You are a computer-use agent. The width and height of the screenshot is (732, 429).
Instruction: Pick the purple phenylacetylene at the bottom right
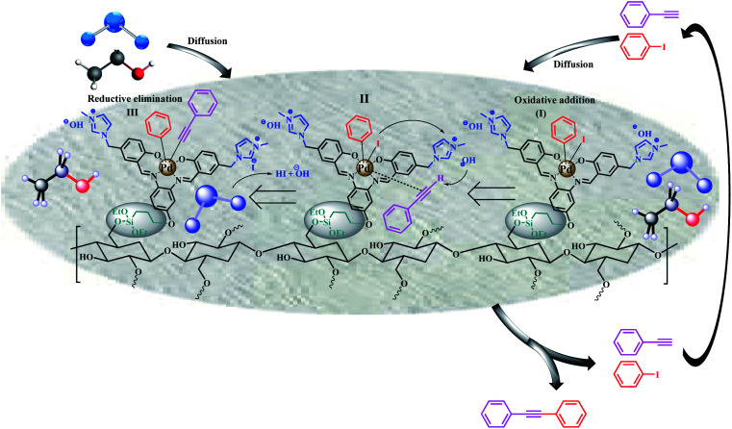point(634,342)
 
